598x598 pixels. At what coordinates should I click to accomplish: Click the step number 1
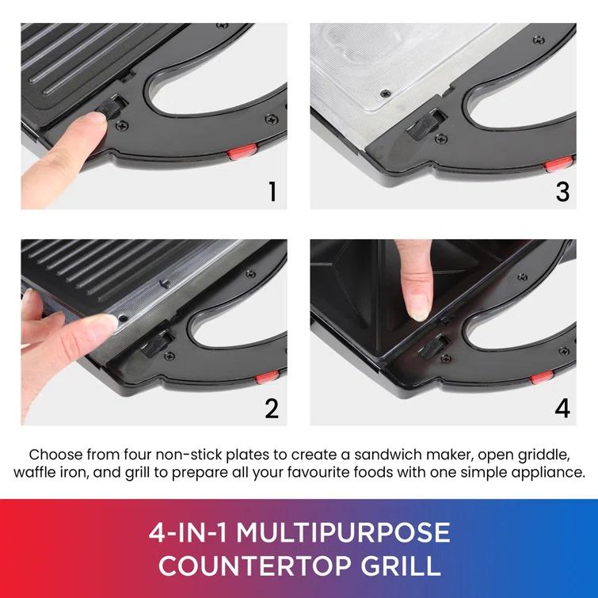click(272, 191)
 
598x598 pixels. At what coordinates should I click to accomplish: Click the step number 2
click(272, 408)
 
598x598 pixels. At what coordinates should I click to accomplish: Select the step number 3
click(562, 191)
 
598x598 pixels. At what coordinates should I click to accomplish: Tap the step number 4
click(562, 408)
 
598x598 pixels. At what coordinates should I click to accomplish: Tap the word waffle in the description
click(36, 473)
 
